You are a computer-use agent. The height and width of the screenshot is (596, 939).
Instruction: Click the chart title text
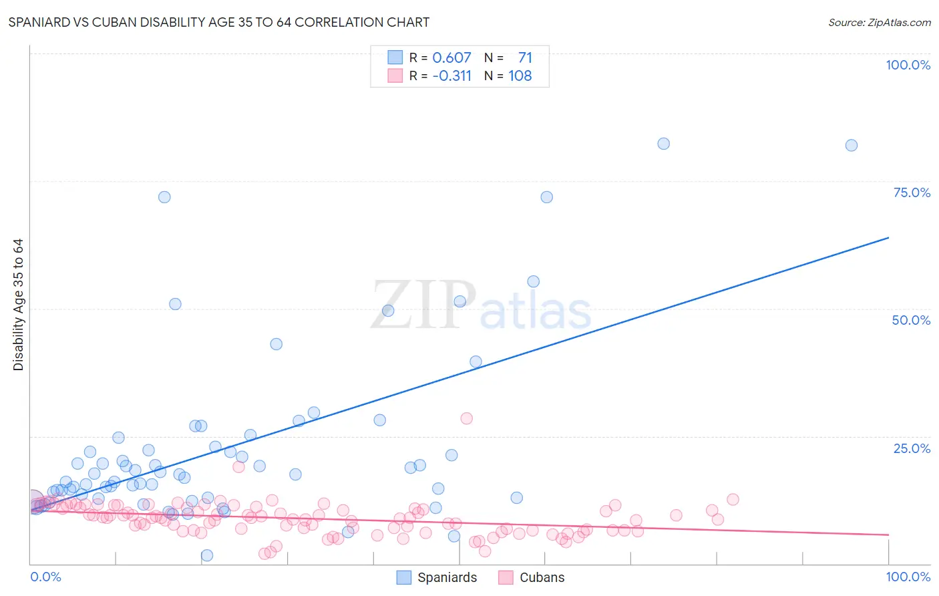coord(219,22)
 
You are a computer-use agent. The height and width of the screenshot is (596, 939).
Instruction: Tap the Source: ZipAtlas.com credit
coord(879,22)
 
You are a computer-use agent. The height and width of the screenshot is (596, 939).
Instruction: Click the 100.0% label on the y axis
coord(908,65)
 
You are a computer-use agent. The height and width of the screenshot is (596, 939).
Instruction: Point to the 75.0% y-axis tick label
coord(912,192)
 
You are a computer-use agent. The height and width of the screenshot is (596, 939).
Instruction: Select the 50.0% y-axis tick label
coord(911,320)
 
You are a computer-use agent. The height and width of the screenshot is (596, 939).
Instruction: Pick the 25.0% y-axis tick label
coord(912,448)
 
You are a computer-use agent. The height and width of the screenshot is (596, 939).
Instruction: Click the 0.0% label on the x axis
coord(45,577)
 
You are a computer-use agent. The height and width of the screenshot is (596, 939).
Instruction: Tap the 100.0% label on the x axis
coord(908,577)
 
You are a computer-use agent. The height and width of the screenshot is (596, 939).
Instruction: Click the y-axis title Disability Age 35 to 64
coord(18,305)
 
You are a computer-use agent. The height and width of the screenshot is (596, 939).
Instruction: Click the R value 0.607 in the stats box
coord(451,57)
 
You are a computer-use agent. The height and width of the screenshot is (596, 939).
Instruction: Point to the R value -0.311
coord(451,76)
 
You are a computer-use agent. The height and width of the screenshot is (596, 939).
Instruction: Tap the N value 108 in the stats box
coord(520,76)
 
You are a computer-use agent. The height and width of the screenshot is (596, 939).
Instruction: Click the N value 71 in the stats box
coord(525,57)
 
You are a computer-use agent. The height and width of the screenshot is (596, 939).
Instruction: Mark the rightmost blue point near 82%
coord(851,145)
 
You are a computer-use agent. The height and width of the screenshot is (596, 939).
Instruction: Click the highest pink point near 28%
coord(466,418)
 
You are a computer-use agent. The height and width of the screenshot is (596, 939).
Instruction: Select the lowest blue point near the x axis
coord(207,555)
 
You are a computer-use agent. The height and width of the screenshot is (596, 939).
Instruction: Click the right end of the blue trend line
coord(888,237)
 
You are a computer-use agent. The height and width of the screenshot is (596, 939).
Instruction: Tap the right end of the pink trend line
coord(888,535)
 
